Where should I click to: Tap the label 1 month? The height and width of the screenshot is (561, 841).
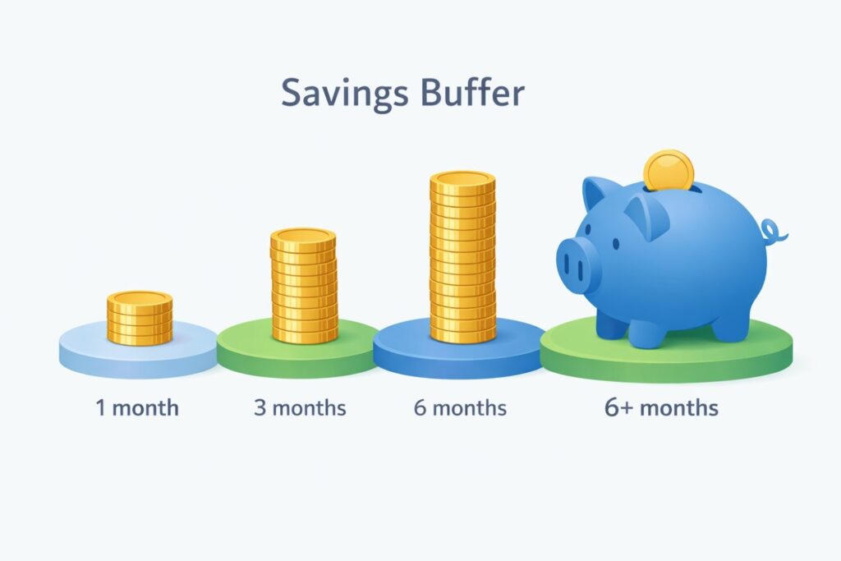coord(137,407)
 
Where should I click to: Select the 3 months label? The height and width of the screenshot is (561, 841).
coord(300,407)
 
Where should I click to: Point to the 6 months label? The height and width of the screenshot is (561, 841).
coord(460,407)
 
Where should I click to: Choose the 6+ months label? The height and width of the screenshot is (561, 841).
coord(661,407)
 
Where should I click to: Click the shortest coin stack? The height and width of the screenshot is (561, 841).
coord(140,318)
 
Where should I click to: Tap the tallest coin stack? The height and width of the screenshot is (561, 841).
coord(462,259)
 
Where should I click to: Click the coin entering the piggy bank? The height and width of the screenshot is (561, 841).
coord(669,170)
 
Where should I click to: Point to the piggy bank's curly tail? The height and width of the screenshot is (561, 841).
coord(774,232)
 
